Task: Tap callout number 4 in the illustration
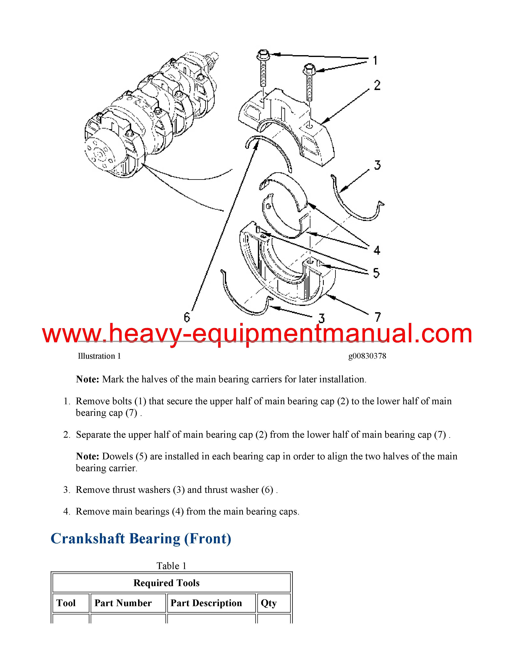pyautogui.click(x=377, y=250)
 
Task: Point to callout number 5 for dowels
pyautogui.click(x=376, y=273)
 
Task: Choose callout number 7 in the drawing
pyautogui.click(x=378, y=317)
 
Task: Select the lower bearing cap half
pyautogui.click(x=288, y=276)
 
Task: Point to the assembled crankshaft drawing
pyautogui.click(x=150, y=116)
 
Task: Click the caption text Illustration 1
pyautogui.click(x=99, y=356)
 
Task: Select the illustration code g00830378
pyautogui.click(x=367, y=356)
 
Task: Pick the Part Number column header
pyautogui.click(x=123, y=603)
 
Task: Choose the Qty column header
pyautogui.click(x=269, y=603)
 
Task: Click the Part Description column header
pyautogui.click(x=206, y=603)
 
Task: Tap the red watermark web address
pyautogui.click(x=257, y=334)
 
